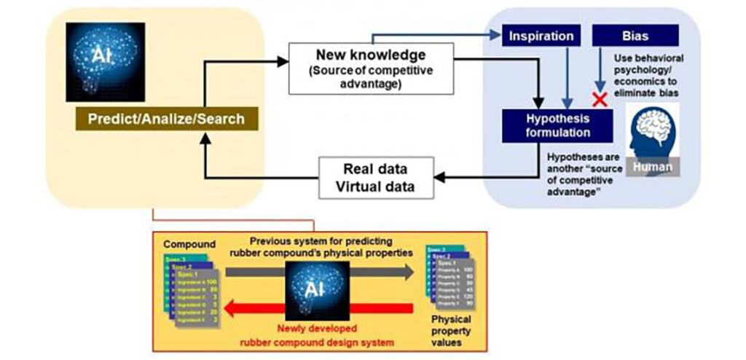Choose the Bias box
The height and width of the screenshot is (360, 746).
tap(635, 35)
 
